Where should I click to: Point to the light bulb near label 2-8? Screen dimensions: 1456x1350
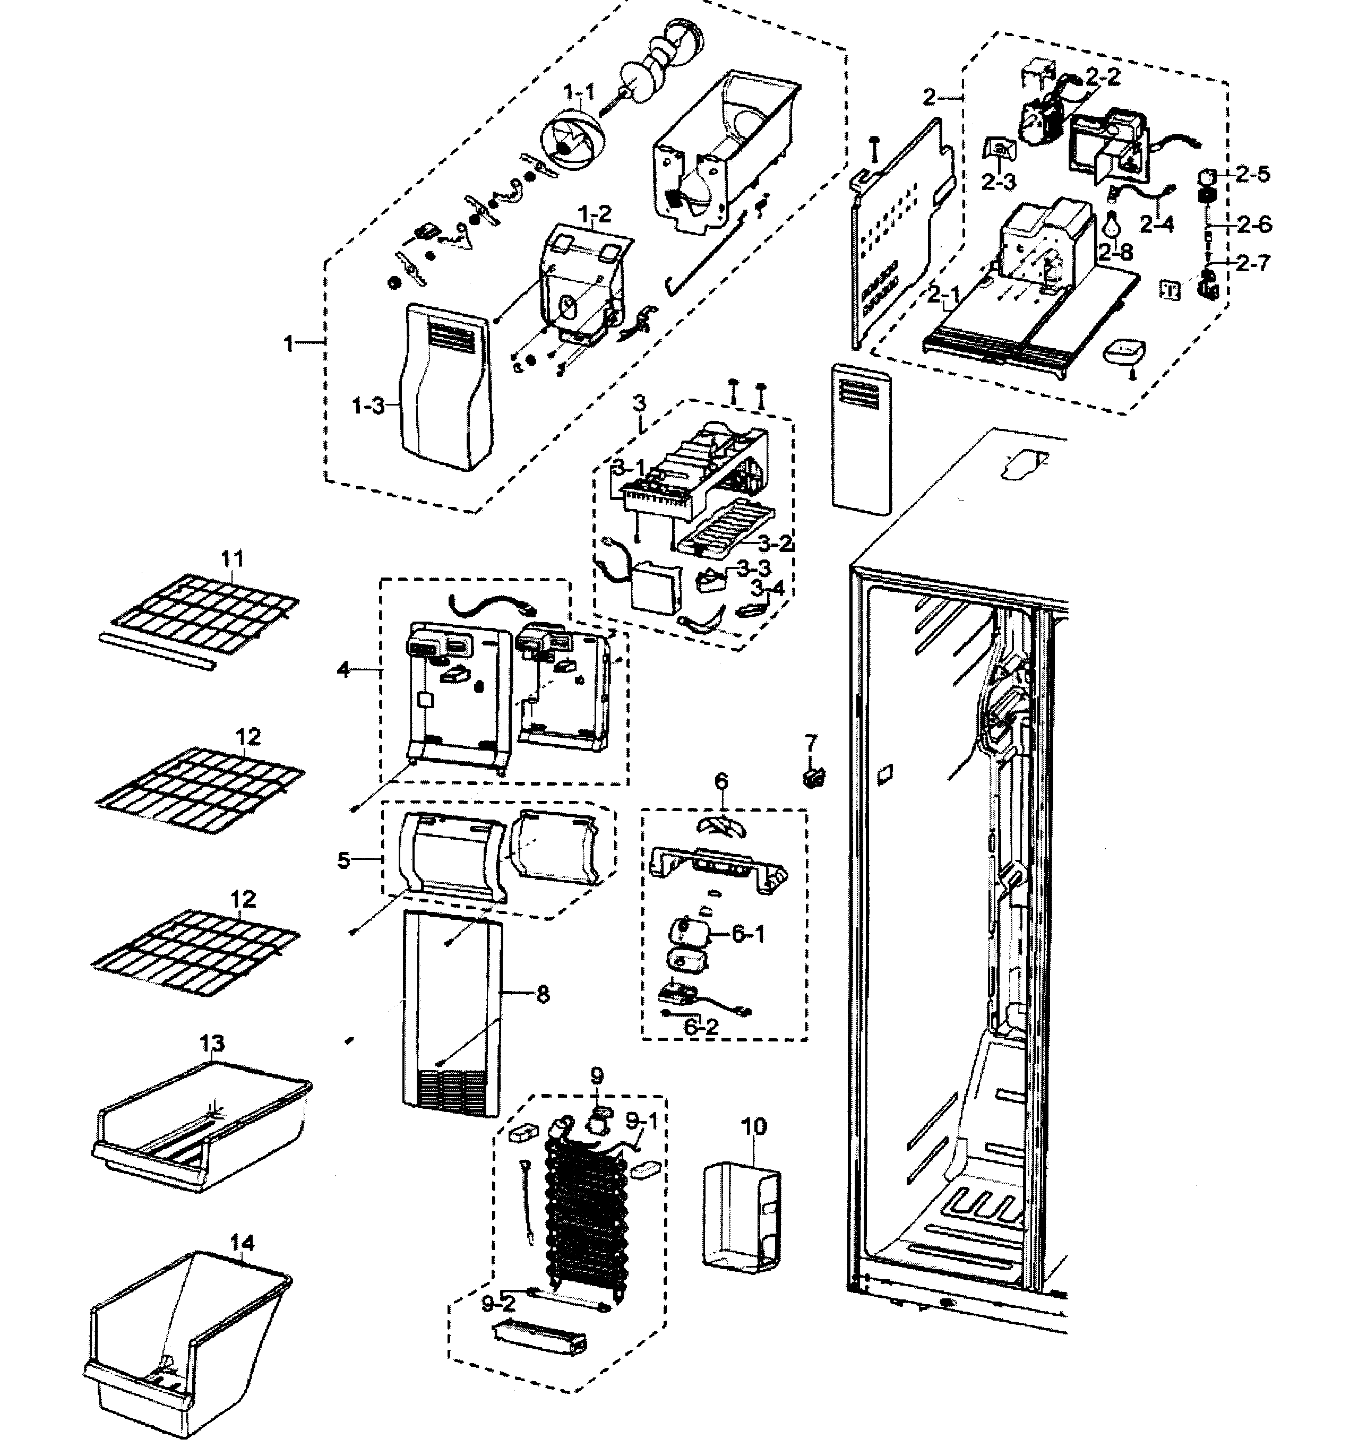point(1111,225)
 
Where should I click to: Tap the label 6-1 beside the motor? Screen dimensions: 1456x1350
point(748,934)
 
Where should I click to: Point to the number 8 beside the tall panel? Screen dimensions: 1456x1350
point(543,994)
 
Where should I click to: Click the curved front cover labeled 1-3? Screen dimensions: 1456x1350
point(443,387)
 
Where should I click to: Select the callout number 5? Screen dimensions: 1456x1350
point(344,860)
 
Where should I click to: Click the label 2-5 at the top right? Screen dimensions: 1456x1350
point(1253,174)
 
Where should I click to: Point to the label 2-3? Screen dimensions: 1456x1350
point(998,181)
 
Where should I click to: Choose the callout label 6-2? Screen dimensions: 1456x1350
point(701,1027)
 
